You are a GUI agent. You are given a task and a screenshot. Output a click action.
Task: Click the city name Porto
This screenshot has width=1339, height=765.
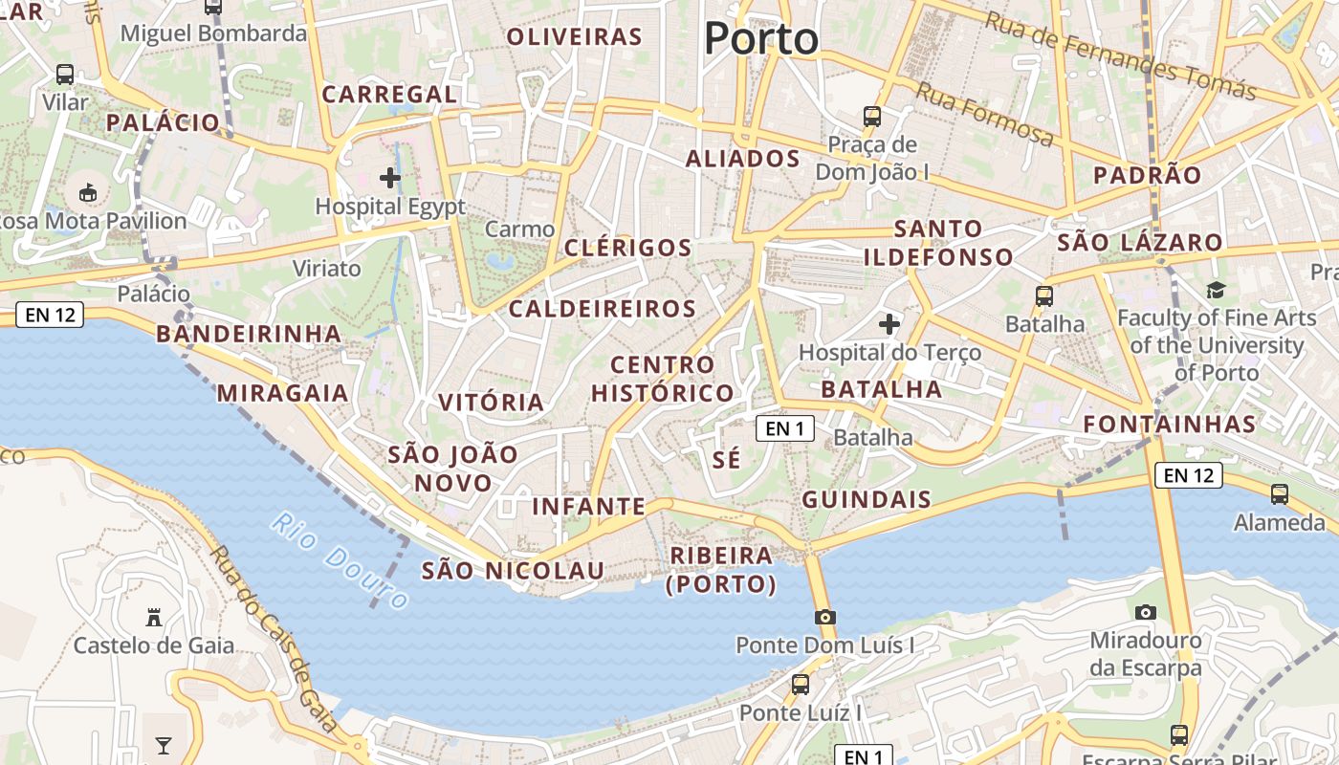coord(761,39)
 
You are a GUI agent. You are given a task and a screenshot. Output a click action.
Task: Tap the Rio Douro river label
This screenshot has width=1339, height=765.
coord(340,559)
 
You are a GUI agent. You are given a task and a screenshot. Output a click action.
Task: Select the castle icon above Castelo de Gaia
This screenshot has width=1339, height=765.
coord(154,617)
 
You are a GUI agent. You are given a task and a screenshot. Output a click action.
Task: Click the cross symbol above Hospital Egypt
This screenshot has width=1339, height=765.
coord(390,177)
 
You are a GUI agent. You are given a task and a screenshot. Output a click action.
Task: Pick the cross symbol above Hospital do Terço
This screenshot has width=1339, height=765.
coord(889,323)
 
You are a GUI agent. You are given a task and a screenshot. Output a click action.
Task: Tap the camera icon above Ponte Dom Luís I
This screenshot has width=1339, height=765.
coord(825,617)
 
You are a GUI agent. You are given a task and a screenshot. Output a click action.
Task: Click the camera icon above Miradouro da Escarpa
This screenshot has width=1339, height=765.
coord(1145,612)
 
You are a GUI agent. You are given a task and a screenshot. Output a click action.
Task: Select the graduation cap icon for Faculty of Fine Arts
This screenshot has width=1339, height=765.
coord(1216,290)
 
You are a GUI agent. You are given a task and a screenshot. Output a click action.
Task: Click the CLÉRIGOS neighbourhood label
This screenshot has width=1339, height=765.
coord(627,248)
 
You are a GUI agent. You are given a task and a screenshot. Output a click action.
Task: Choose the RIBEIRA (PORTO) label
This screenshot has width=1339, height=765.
coord(721,569)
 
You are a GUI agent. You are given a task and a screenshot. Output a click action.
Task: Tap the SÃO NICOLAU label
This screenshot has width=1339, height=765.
coord(513,571)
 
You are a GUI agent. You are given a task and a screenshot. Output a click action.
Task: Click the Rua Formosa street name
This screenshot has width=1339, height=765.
coord(985,114)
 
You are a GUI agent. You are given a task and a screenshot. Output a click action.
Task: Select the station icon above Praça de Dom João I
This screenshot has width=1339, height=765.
coord(872,117)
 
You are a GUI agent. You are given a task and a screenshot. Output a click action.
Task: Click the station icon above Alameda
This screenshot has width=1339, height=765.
coord(1280,494)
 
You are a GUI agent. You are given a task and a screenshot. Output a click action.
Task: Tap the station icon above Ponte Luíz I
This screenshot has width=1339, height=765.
coord(801,685)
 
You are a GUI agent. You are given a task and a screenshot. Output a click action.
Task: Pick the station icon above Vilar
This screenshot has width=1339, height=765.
coord(65,74)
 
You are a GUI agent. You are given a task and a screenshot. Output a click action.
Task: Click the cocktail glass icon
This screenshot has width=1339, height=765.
coord(164,745)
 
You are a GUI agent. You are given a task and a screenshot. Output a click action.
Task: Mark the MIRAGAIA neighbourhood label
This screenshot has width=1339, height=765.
coord(282,393)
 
